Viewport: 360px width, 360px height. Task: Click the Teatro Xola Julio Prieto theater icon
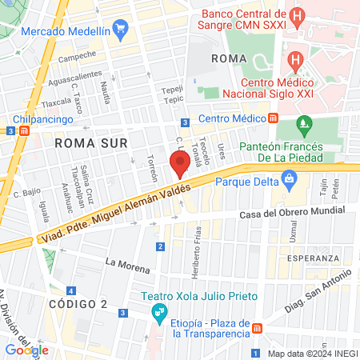click(160, 310)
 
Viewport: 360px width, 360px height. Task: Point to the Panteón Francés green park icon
click(303, 124)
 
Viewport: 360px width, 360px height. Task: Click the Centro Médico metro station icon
click(274, 118)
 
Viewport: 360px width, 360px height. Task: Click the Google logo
click(26, 350)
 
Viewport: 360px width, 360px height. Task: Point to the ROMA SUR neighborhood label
click(85, 142)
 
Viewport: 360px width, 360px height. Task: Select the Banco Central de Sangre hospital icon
click(298, 14)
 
